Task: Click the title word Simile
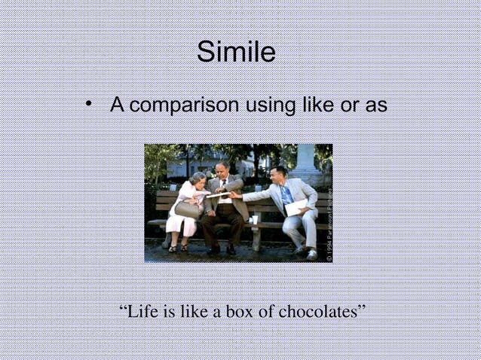(236, 52)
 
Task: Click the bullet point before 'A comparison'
(90, 103)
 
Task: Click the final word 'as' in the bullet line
(375, 105)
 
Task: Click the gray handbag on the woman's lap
(187, 209)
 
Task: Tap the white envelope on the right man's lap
(296, 207)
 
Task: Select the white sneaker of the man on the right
(311, 254)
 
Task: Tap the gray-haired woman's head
(198, 179)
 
